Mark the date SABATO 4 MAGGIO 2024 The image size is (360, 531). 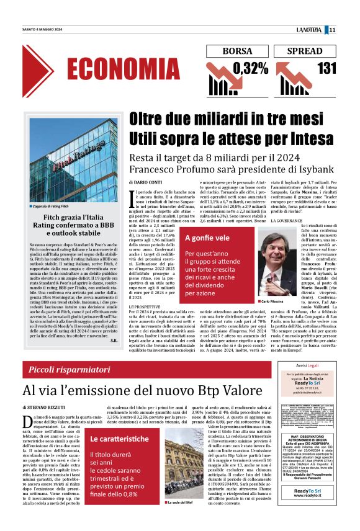coord(42,30)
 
